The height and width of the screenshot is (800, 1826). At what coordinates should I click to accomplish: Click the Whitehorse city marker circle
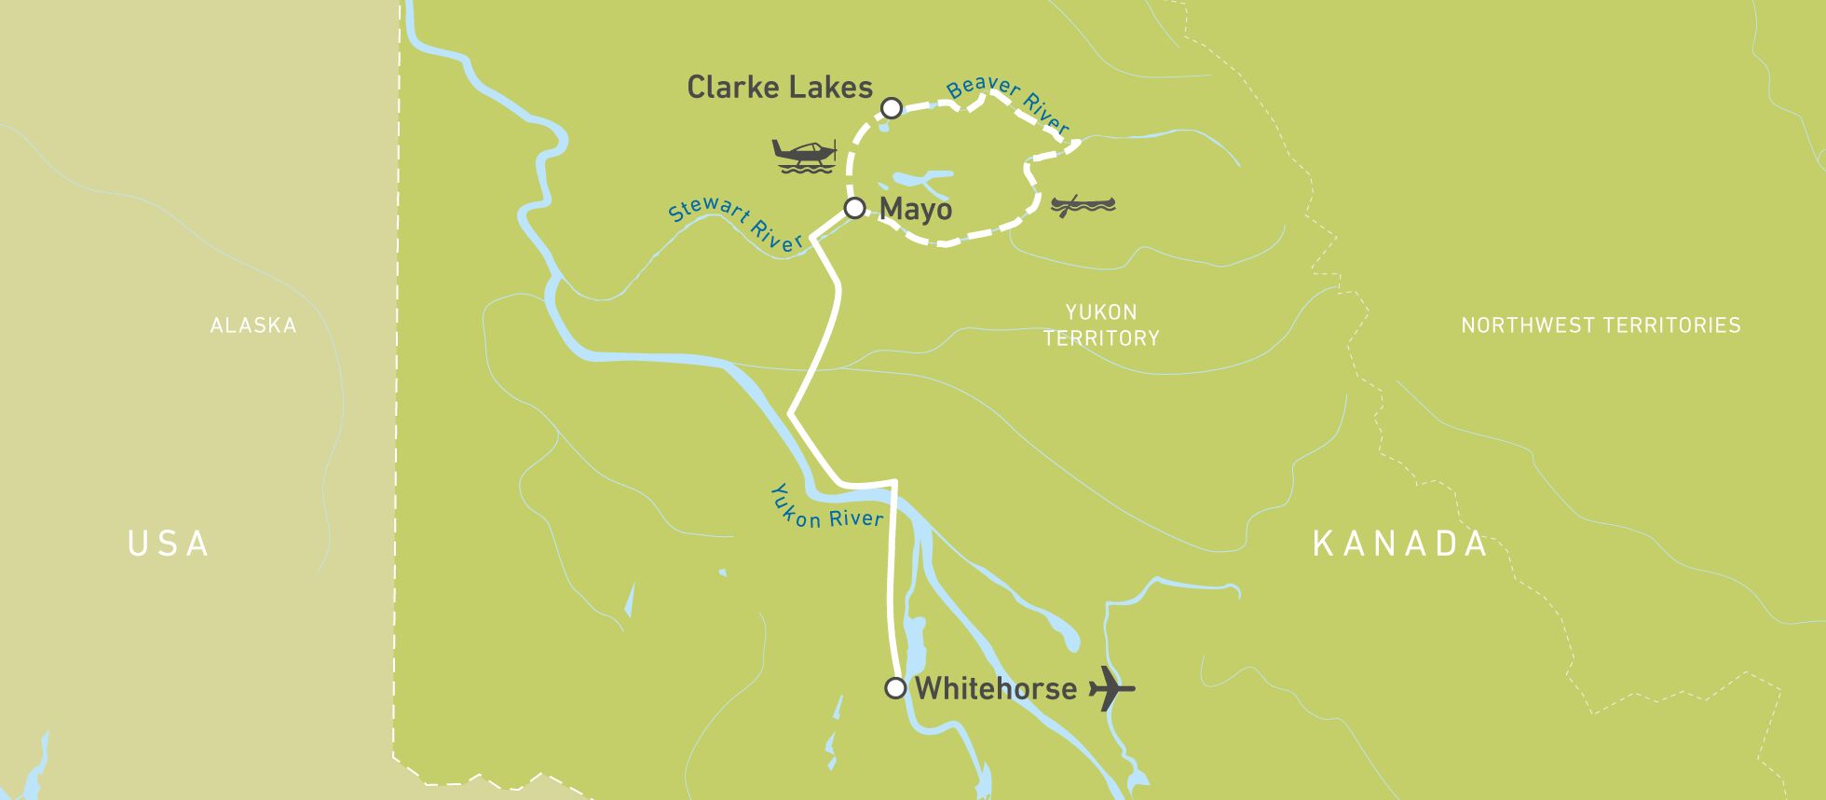[x=895, y=688]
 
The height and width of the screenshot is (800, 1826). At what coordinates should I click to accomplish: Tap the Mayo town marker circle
[x=854, y=208]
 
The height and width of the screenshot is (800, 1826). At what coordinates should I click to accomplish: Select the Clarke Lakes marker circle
[x=892, y=108]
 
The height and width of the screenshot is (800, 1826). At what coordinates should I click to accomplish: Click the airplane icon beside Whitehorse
[x=1111, y=689]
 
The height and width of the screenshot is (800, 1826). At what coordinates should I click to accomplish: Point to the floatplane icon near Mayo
[x=804, y=155]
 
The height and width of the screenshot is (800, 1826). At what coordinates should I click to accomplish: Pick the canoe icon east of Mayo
[x=1083, y=205]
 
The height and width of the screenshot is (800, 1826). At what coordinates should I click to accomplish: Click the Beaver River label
[x=1008, y=103]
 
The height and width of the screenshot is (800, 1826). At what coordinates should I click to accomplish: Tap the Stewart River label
[x=736, y=224]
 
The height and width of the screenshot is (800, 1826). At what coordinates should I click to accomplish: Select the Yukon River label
[x=824, y=509]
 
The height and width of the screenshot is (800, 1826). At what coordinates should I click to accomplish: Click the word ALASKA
[x=253, y=325]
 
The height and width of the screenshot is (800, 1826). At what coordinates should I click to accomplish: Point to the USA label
[x=169, y=544]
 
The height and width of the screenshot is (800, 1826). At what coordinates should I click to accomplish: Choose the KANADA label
[x=1400, y=544]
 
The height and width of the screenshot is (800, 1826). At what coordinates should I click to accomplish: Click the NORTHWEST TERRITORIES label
[x=1601, y=325]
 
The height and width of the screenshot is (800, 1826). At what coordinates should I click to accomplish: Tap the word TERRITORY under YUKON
[x=1101, y=338]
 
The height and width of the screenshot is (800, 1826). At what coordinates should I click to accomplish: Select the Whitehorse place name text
[x=995, y=689]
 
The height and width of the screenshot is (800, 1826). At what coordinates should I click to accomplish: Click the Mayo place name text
[x=915, y=209]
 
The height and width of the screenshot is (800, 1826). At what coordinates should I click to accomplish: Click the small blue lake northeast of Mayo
[x=918, y=179]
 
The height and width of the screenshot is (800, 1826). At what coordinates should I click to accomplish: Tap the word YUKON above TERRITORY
[x=1101, y=312]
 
